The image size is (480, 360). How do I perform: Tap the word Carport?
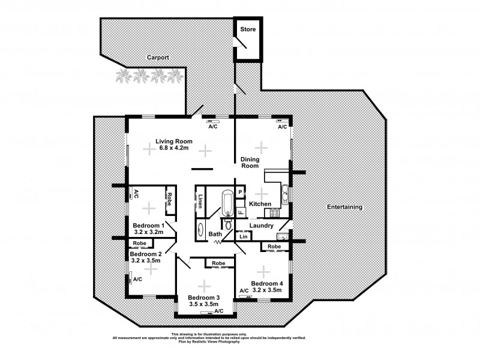coord(158,58)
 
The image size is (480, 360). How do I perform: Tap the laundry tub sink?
coord(284,236)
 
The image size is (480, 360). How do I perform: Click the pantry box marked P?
coord(239,192)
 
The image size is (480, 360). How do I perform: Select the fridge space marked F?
coord(239,211)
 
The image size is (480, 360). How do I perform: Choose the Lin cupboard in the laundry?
coord(243,237)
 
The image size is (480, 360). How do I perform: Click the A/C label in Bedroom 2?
coord(137,280)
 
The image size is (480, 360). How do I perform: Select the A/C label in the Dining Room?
coord(282,127)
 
